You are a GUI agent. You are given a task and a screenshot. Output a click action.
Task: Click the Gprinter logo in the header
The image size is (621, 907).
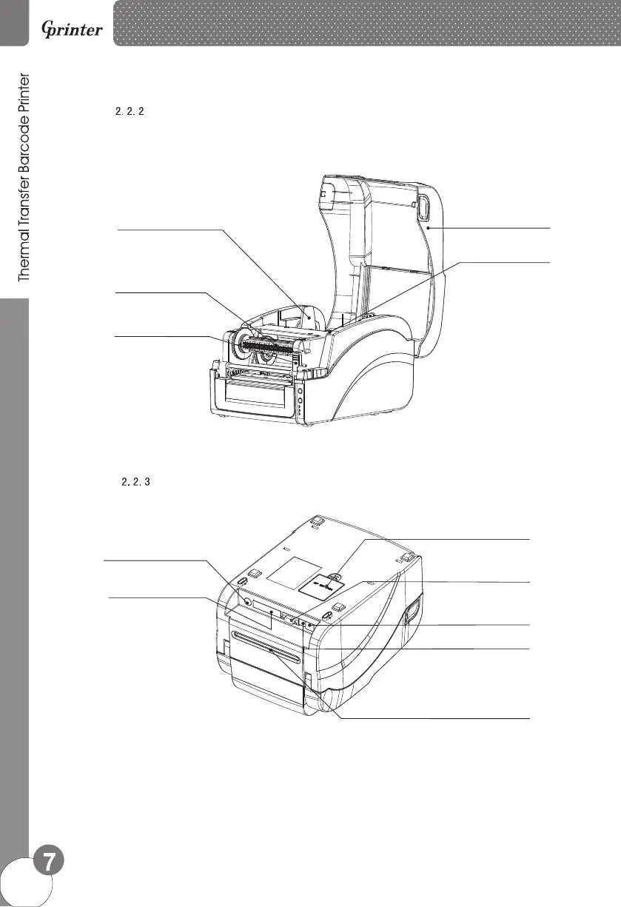pos(71,32)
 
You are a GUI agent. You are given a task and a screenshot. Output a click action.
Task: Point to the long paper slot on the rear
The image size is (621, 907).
pos(266,637)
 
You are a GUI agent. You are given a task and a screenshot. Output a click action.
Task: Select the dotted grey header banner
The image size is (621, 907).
pos(366,23)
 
